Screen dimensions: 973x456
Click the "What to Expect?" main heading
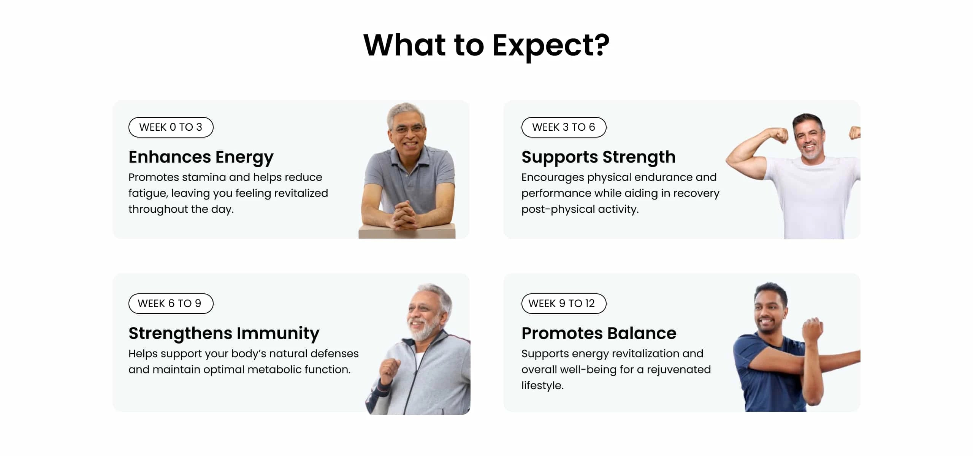click(x=486, y=46)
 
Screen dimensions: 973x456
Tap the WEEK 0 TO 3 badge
click(x=171, y=127)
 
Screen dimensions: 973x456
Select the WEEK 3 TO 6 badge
click(x=564, y=127)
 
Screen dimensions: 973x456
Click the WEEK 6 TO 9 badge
click(x=171, y=304)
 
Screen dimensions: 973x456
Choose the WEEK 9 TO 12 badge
click(x=564, y=304)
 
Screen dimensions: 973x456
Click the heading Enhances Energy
click(x=201, y=157)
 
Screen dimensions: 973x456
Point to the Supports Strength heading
click(x=599, y=157)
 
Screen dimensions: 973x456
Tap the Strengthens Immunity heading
click(x=224, y=333)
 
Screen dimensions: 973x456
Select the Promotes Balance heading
click(x=599, y=333)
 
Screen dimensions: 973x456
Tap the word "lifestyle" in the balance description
click(x=542, y=386)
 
